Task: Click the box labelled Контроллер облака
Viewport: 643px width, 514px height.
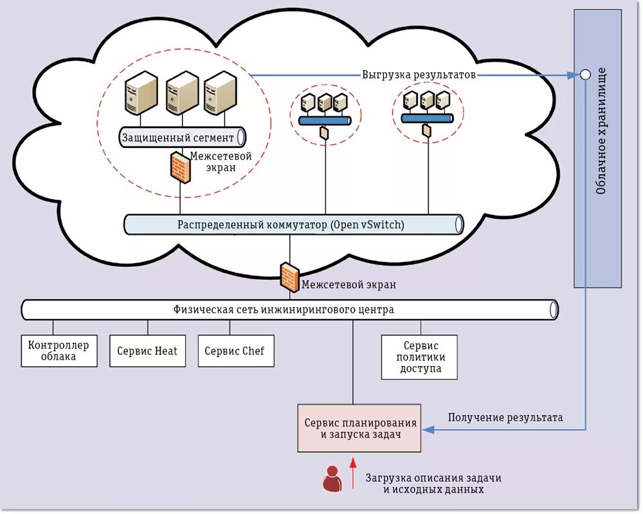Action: (x=59, y=351)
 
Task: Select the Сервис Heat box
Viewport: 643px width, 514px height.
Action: (x=147, y=351)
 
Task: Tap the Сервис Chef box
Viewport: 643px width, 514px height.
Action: (x=235, y=351)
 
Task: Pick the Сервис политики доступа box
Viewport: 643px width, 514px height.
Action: (x=419, y=356)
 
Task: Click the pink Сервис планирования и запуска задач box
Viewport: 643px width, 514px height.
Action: (x=359, y=428)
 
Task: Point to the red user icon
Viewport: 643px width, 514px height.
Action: (x=332, y=479)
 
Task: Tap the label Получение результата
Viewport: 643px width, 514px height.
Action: (x=505, y=418)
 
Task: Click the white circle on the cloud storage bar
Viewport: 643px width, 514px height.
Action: (x=585, y=75)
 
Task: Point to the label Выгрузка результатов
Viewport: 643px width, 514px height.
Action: (x=419, y=75)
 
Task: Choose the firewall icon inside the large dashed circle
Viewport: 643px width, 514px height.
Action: (x=181, y=167)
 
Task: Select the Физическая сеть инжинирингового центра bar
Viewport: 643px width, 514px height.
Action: (x=289, y=309)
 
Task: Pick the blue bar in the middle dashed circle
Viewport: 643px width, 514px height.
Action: (x=325, y=120)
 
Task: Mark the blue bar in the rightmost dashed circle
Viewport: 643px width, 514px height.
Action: (x=427, y=118)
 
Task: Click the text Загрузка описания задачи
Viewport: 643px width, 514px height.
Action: (x=433, y=478)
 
